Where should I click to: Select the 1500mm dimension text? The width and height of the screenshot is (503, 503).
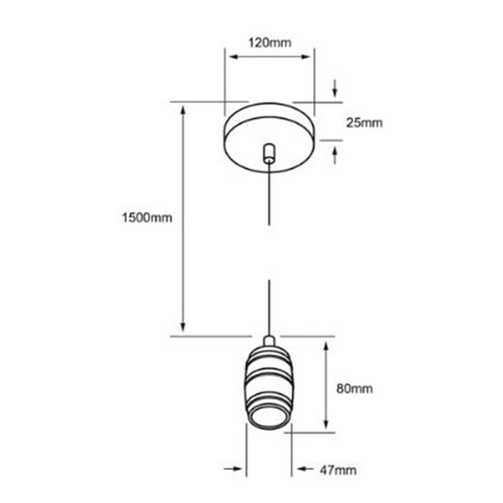click(x=147, y=218)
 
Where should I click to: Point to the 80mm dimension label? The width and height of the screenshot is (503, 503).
click(x=355, y=388)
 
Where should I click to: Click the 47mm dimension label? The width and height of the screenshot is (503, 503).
click(x=339, y=470)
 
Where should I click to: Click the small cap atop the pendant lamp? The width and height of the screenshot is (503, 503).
click(x=269, y=341)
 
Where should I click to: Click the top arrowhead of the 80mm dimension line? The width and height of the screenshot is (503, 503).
click(x=326, y=348)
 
